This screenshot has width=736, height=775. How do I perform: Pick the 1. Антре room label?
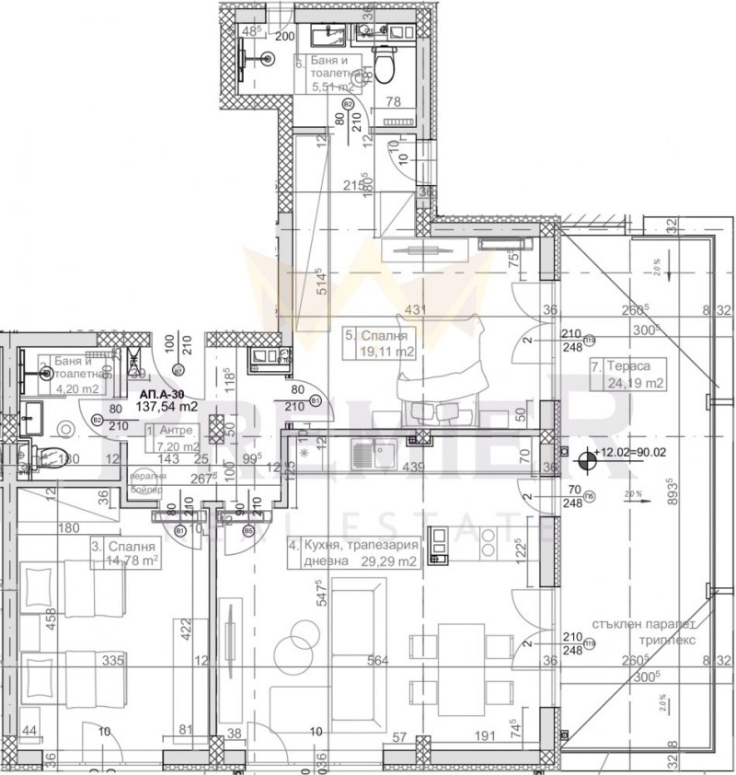point(170,430)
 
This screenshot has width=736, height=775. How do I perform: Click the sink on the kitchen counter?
point(372,453)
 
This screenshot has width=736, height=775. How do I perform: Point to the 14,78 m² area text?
point(124,561)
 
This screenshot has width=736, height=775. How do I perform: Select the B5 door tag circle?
point(248,530)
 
